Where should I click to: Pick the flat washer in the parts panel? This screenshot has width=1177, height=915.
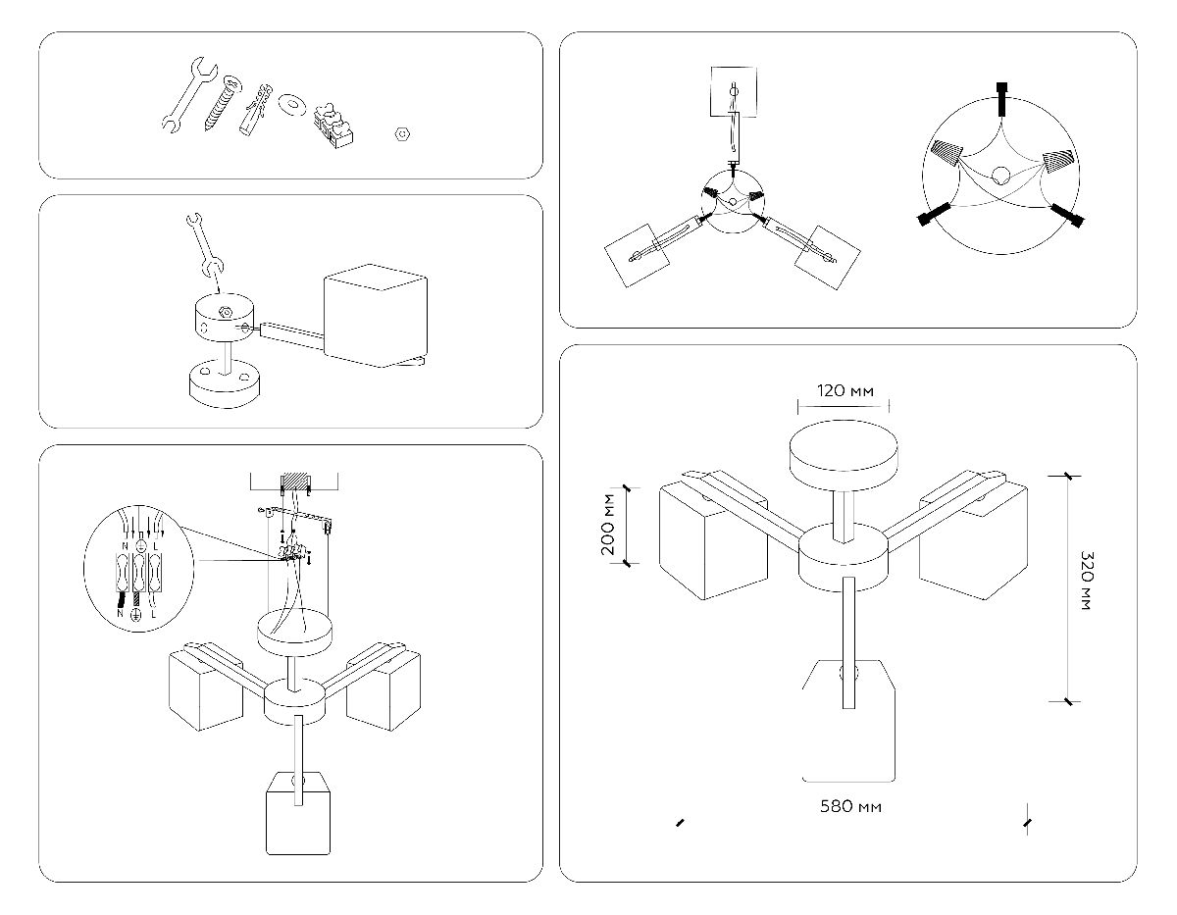[x=291, y=103]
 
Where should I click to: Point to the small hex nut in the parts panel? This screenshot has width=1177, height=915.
[x=400, y=134]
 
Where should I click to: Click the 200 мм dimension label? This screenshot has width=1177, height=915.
[x=611, y=525]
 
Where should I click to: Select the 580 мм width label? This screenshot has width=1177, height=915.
[x=849, y=807]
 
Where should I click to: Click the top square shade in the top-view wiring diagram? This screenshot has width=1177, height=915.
[x=733, y=90]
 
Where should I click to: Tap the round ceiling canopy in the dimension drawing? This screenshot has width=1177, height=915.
[x=844, y=451]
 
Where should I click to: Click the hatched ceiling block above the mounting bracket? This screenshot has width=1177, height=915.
[x=295, y=482]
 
